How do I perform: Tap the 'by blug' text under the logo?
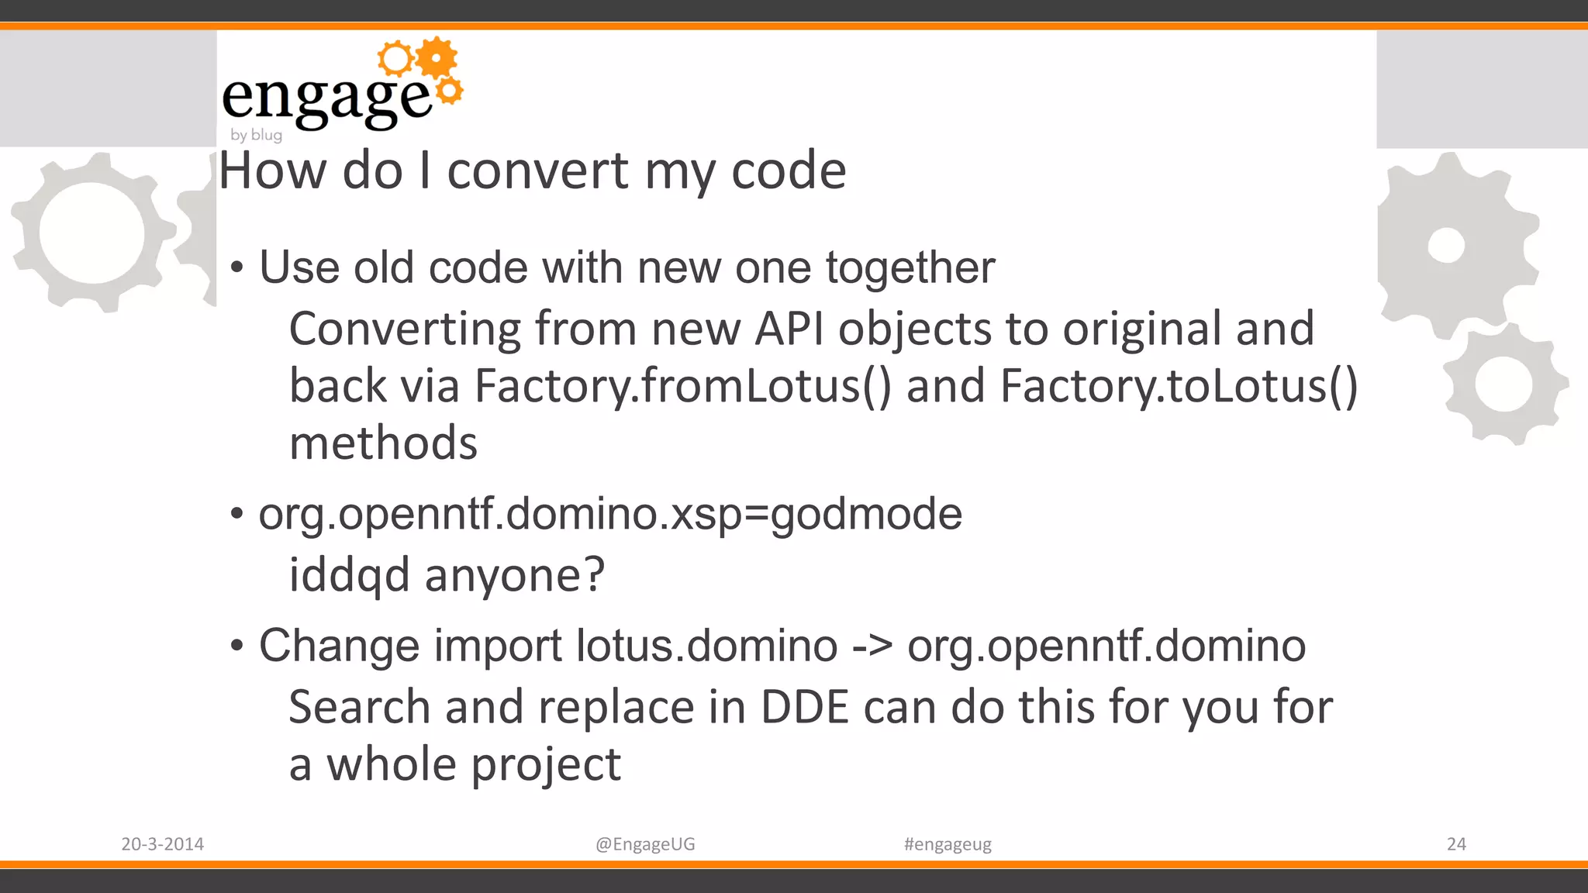(256, 135)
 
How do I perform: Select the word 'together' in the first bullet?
(910, 268)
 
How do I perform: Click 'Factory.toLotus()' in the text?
(1179, 386)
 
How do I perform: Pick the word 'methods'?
(383, 443)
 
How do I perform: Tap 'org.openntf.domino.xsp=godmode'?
(610, 514)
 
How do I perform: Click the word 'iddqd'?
(349, 575)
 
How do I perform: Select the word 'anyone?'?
(514, 575)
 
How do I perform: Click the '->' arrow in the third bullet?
(872, 646)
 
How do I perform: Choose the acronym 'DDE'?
(805, 707)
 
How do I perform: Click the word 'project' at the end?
(546, 766)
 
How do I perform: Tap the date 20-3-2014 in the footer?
(162, 844)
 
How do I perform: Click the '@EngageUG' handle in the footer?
(645, 844)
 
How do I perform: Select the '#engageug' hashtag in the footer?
(948, 844)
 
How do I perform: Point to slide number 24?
(1456, 844)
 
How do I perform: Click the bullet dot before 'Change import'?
(237, 646)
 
